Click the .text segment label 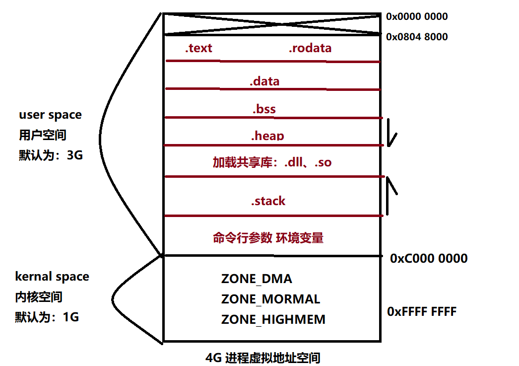click(198, 48)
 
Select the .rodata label click(310, 48)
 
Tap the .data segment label click(264, 81)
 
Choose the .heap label click(267, 136)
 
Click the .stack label click(268, 201)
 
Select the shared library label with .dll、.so click(272, 162)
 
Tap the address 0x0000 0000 click(417, 16)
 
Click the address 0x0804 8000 click(417, 37)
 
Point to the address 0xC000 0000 click(429, 258)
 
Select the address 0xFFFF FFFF click(422, 311)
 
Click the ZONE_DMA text click(257, 279)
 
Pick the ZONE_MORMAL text click(270, 299)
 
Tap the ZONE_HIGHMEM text click(273, 319)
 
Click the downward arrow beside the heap click(391, 133)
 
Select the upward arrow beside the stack click(392, 194)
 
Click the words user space click(50, 115)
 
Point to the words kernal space click(52, 277)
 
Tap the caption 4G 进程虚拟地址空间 click(262, 358)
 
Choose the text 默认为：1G click(47, 317)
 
